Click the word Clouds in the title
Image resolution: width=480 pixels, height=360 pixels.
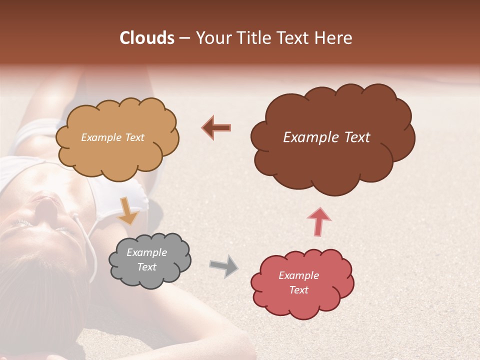147,38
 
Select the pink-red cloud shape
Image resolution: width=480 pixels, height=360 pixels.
300,305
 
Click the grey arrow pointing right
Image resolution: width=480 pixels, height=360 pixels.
224,265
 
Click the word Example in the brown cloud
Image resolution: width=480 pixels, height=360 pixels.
306,137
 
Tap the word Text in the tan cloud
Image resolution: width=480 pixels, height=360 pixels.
133,137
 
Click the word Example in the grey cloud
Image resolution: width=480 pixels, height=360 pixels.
146,252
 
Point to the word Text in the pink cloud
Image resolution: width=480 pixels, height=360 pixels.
298,290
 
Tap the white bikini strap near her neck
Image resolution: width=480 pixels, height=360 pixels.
90,240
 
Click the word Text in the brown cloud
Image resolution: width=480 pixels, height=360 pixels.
356,137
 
